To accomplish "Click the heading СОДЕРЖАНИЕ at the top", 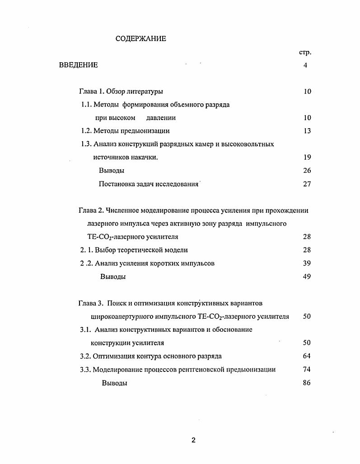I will [x=140, y=38].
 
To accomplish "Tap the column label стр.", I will [x=305, y=52].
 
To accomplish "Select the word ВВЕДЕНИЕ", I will [x=78, y=65].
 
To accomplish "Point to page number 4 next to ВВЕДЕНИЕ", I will [x=305, y=65].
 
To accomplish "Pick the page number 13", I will [x=307, y=131].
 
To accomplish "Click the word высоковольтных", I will [x=251, y=144].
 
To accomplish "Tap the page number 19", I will [x=307, y=157].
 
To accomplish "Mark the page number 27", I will [x=307, y=184].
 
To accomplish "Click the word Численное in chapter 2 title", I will [x=122, y=210].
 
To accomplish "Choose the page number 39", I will [x=307, y=263].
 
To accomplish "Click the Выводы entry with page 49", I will [x=112, y=277].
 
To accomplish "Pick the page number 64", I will [x=307, y=356].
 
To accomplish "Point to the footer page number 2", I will [x=193, y=441].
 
